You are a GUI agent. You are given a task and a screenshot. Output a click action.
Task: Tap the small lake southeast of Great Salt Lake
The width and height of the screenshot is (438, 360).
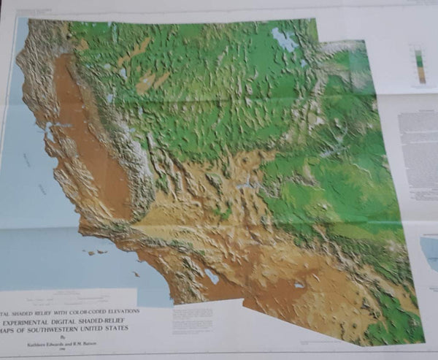pyautogui.click(x=301, y=63)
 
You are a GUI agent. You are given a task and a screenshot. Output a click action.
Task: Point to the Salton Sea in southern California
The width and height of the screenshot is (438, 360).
pyautogui.click(x=212, y=276)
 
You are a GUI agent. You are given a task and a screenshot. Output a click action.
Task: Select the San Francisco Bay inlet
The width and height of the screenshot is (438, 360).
pyautogui.click(x=50, y=132)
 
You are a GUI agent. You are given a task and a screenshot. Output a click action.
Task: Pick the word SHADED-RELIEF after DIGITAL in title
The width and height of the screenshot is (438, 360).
pyautogui.click(x=120, y=319)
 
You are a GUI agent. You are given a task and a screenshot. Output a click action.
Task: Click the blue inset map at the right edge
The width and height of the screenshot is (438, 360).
pyautogui.click(x=430, y=251)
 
